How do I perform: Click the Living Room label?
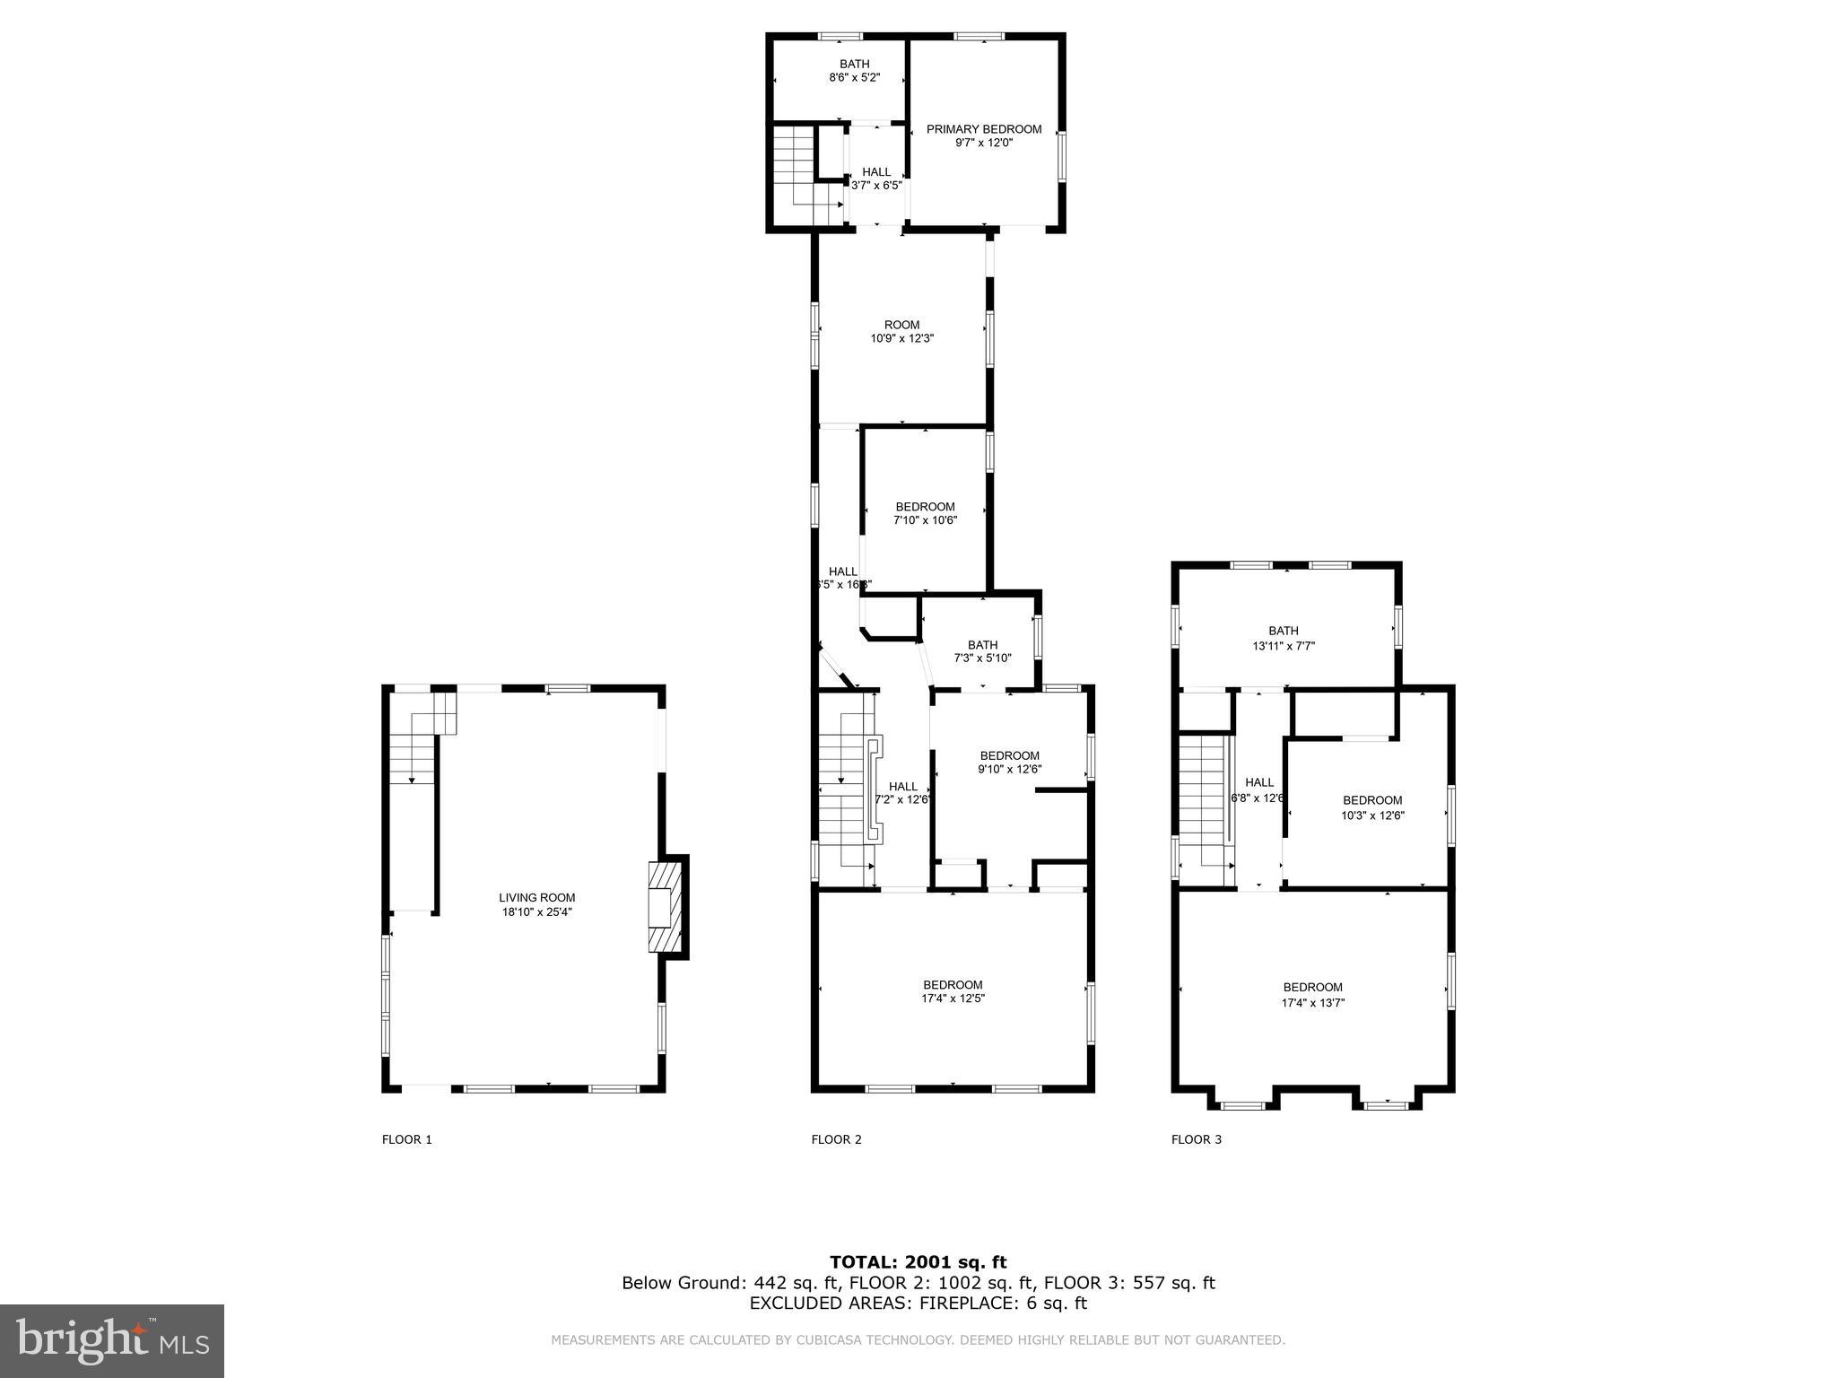click(x=536, y=898)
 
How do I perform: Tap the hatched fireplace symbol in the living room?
click(x=664, y=907)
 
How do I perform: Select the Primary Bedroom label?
click(x=984, y=129)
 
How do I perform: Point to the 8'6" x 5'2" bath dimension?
click(x=854, y=78)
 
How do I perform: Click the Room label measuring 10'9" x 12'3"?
click(x=901, y=326)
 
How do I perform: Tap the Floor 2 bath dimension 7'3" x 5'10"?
click(x=982, y=658)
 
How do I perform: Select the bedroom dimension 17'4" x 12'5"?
click(x=953, y=998)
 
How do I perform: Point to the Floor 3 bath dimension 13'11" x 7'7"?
click(x=1283, y=646)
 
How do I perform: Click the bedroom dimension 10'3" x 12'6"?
click(x=1372, y=815)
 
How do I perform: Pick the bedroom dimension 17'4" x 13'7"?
click(x=1312, y=1003)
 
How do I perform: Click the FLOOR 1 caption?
click(x=407, y=1139)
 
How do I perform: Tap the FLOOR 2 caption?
click(x=836, y=1139)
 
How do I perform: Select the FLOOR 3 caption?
click(x=1196, y=1139)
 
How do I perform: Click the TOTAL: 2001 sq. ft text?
click(x=918, y=1262)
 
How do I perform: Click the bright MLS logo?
click(x=112, y=1339)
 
